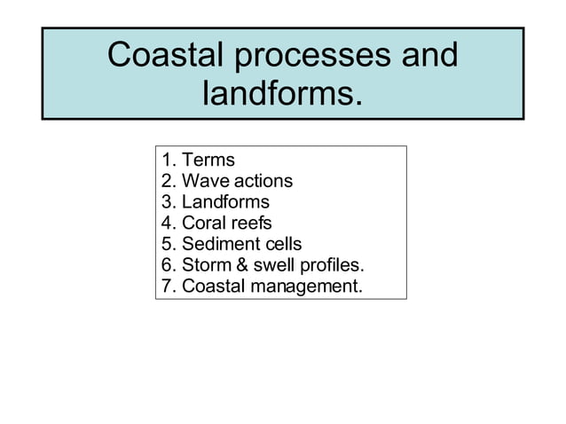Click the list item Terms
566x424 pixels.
(208, 160)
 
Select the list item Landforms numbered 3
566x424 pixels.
(225, 201)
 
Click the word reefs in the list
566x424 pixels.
(251, 223)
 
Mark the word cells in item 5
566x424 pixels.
(282, 244)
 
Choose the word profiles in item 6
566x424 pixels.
(332, 265)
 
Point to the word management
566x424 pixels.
(306, 287)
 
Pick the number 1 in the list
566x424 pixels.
(167, 160)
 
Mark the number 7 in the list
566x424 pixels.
(167, 287)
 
